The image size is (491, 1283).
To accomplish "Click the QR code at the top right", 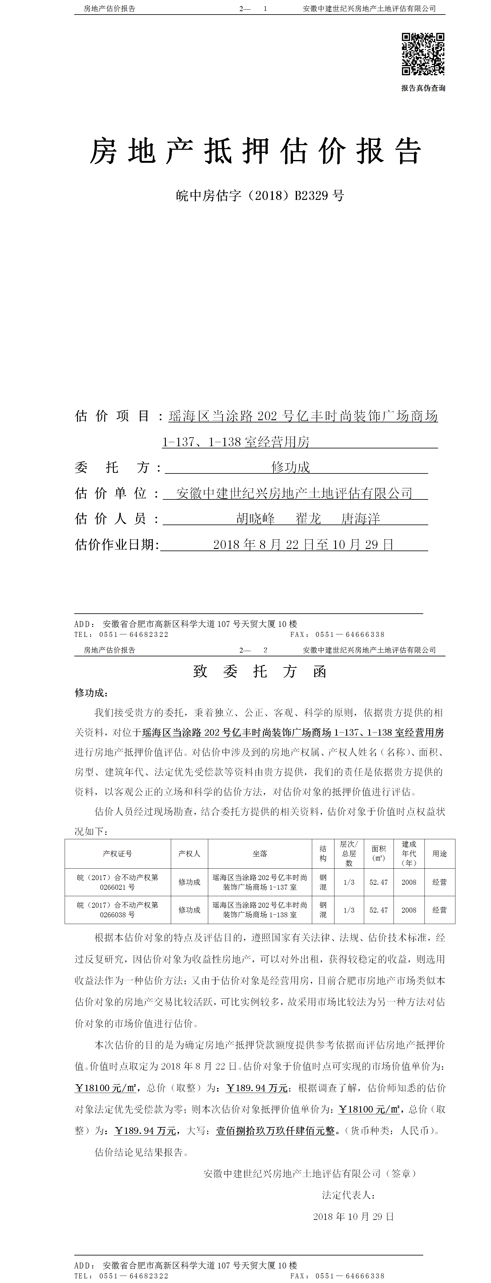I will pyautogui.click(x=423, y=54).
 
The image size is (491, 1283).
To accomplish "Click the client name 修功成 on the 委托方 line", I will pyautogui.click(x=290, y=467).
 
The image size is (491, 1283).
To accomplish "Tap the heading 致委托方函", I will pyautogui.click(x=260, y=672).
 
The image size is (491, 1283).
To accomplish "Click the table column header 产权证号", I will pyautogui.click(x=118, y=854).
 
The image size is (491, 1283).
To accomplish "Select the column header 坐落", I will pyautogui.click(x=260, y=854).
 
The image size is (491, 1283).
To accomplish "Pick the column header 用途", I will pyautogui.click(x=439, y=854).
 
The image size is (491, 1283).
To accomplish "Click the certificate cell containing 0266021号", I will pyautogui.click(x=118, y=882).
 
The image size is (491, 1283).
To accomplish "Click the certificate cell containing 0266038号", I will pyautogui.click(x=118, y=910).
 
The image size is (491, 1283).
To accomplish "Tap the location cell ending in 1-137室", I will pyautogui.click(x=260, y=882).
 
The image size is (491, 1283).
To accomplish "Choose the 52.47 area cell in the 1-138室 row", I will pyautogui.click(x=378, y=910).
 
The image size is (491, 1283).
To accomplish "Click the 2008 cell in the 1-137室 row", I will pyautogui.click(x=409, y=882).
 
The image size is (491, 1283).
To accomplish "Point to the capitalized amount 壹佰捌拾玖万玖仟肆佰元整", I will pyautogui.click(x=275, y=1131).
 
